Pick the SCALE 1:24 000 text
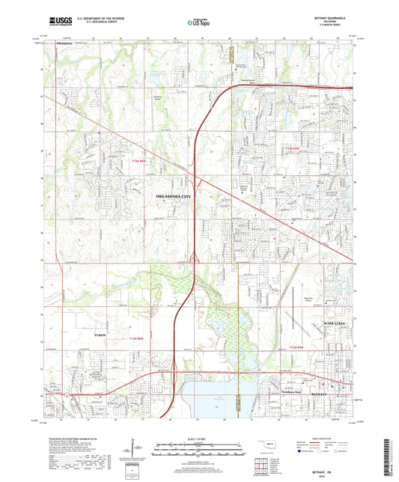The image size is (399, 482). [x=199, y=438]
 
